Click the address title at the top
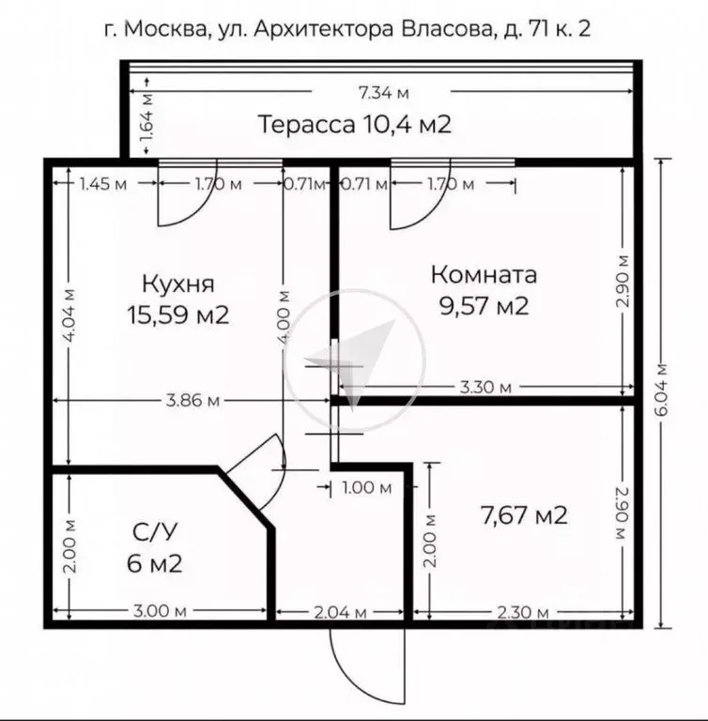354,29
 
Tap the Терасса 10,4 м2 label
354,124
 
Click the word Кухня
178,283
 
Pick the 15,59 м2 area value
178,314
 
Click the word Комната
484,275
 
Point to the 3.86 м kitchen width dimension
192,401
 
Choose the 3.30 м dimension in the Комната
485,387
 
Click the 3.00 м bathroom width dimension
154,612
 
